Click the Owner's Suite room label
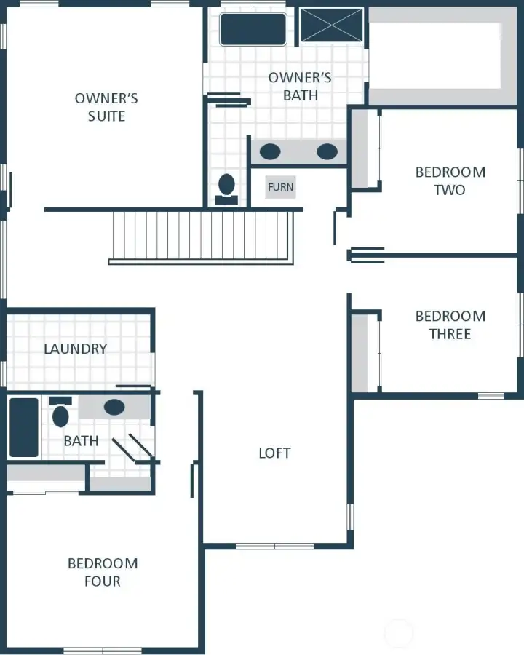(x=106, y=107)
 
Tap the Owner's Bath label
(x=300, y=86)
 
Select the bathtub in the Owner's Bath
(x=253, y=29)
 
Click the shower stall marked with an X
(x=331, y=25)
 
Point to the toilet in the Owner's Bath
(x=227, y=186)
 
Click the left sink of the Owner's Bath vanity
(x=270, y=151)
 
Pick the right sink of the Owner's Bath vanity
(x=327, y=151)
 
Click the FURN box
(x=280, y=187)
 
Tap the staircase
(x=203, y=234)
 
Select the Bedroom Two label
(x=450, y=181)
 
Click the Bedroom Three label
(x=450, y=325)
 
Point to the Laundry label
(x=75, y=349)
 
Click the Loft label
(x=274, y=453)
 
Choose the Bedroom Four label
(x=103, y=572)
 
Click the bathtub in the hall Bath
(x=23, y=427)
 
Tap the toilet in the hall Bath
(x=60, y=415)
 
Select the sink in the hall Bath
(x=114, y=408)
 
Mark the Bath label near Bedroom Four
(x=81, y=441)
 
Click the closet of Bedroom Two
(x=364, y=149)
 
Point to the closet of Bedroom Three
(x=364, y=353)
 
